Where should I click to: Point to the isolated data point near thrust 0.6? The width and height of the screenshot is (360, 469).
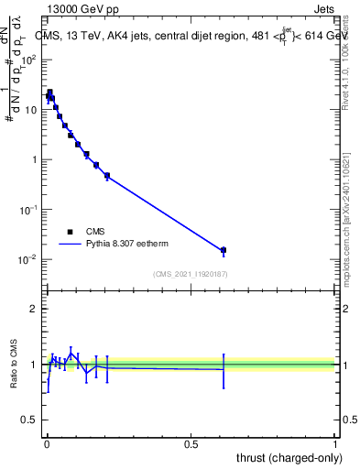223,250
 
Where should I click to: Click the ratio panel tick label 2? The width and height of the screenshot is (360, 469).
34,309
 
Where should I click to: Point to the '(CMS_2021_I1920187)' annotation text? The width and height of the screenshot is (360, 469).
190,274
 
